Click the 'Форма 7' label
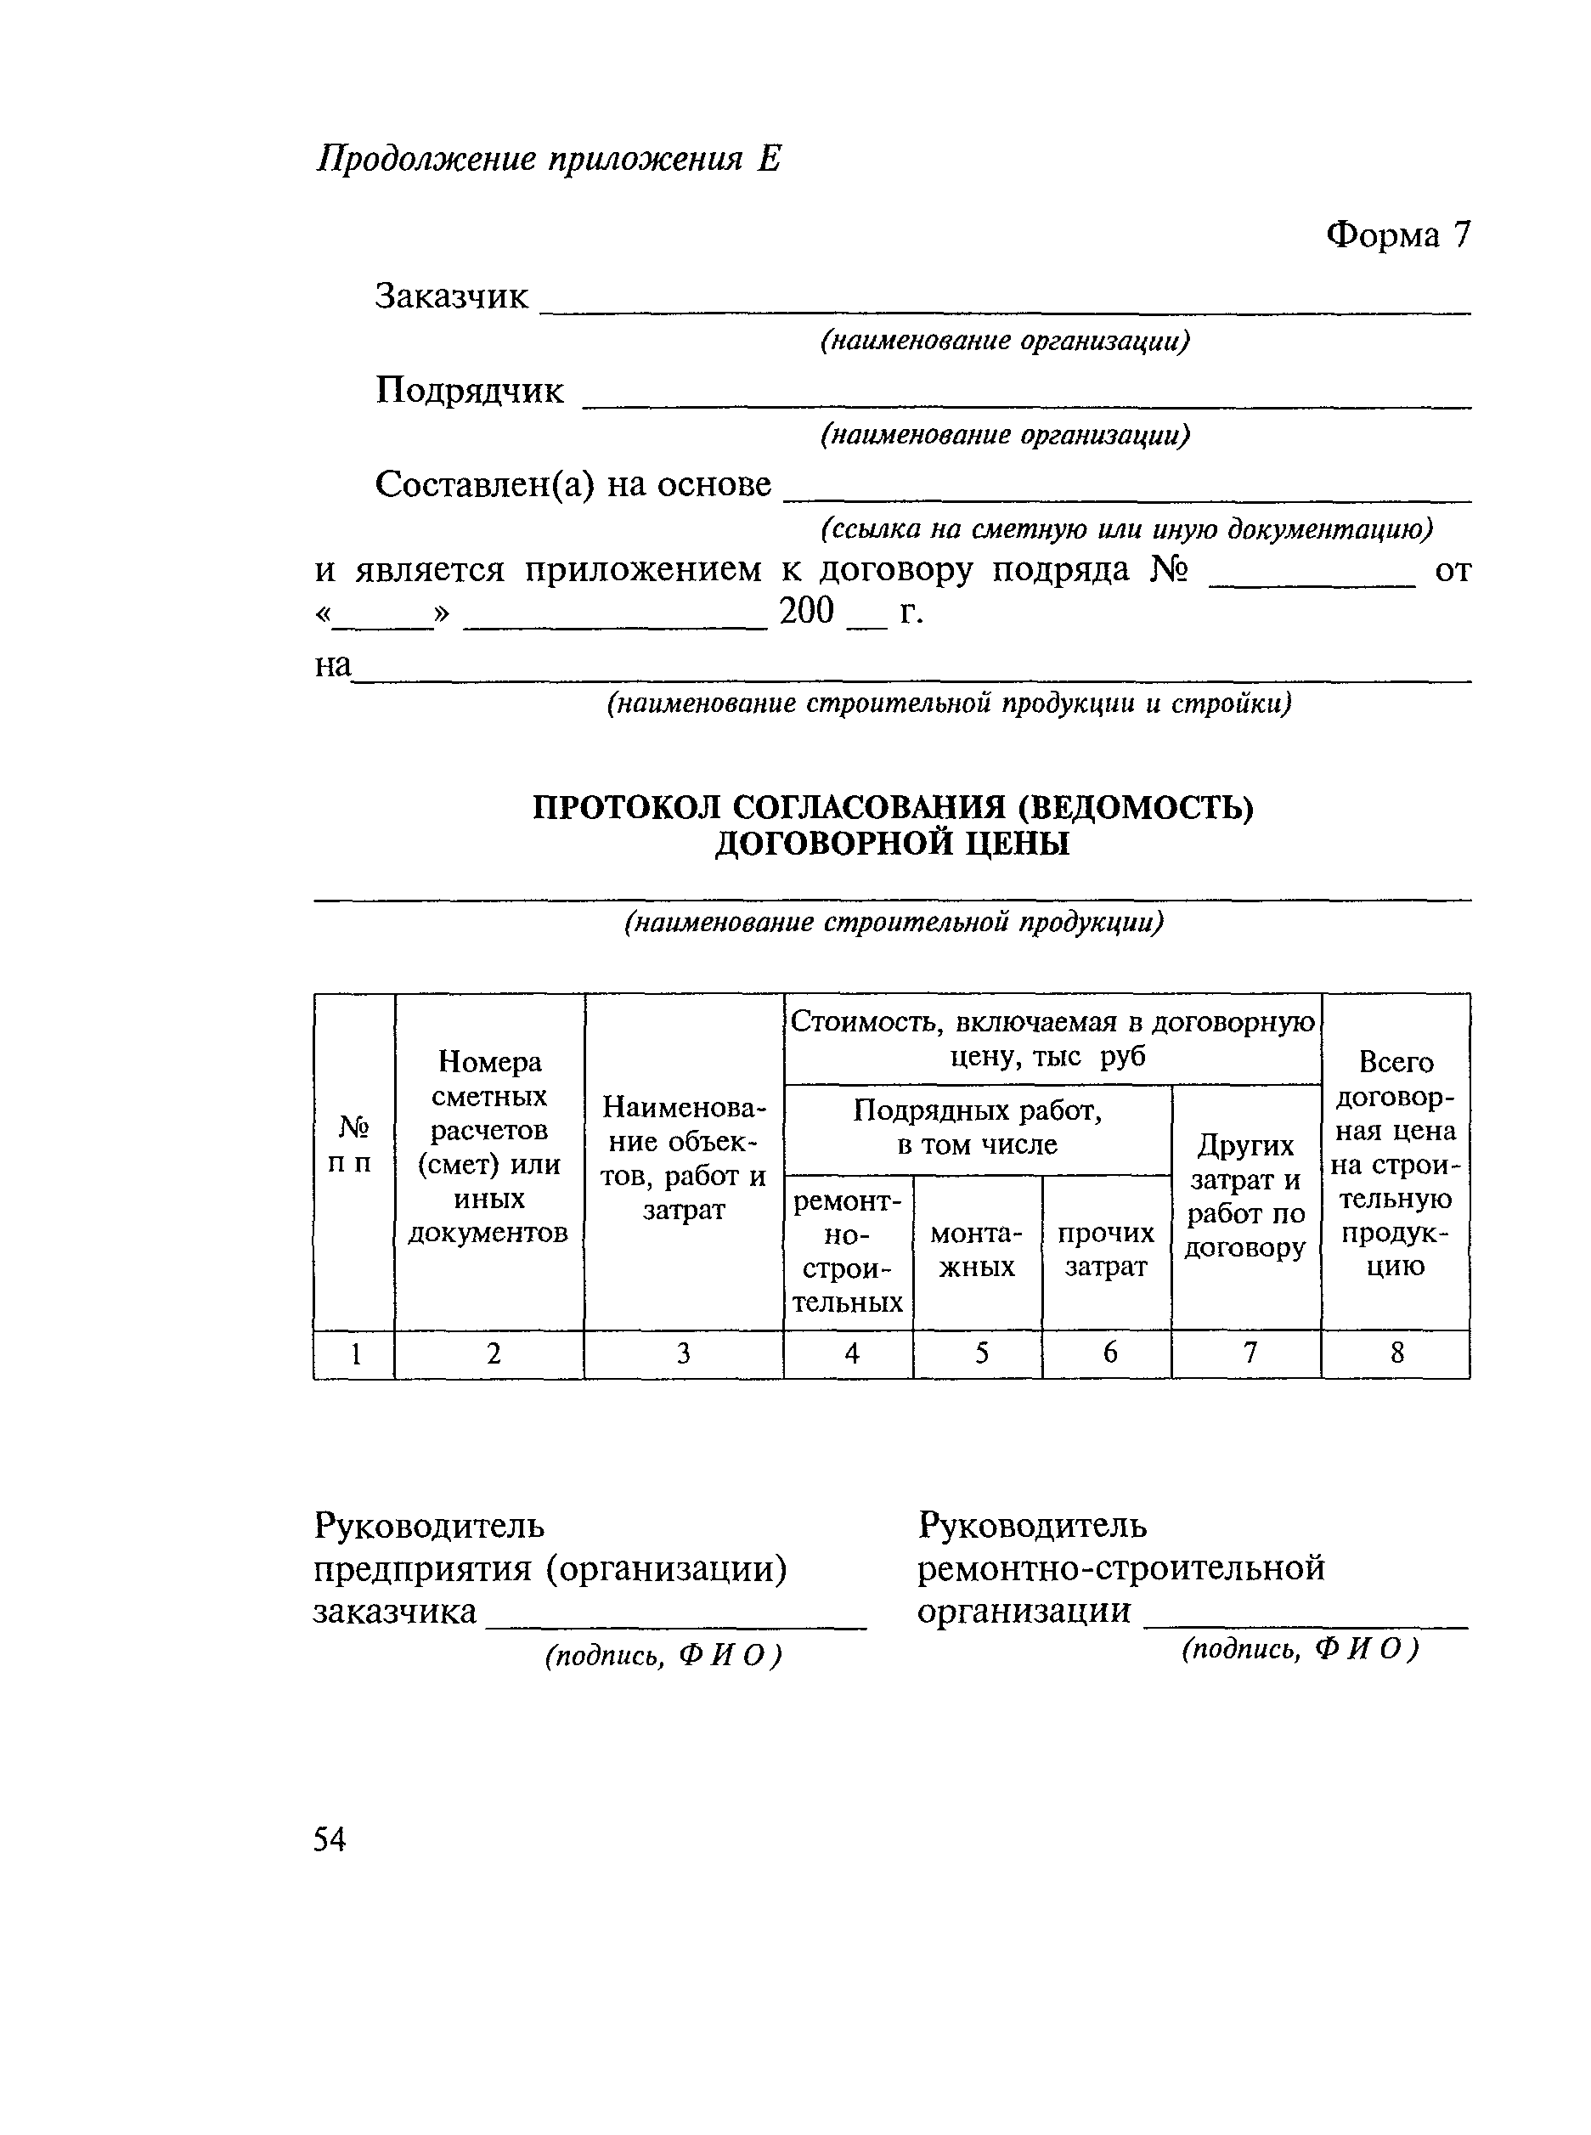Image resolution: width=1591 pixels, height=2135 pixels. [1397, 234]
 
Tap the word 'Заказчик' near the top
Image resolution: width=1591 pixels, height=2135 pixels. [451, 297]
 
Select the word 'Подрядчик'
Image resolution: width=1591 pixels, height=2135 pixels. [469, 391]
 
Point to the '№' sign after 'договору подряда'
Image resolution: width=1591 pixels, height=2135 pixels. [1169, 570]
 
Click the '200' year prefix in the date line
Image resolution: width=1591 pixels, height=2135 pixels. [806, 611]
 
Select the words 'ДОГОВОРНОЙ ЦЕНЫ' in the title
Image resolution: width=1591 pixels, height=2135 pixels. [892, 844]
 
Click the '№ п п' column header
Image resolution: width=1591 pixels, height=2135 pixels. [353, 1144]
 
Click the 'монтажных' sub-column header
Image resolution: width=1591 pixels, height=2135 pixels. [977, 1250]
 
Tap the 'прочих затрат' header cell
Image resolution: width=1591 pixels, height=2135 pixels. [1106, 1250]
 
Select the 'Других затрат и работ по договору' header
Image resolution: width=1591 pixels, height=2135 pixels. [1245, 1197]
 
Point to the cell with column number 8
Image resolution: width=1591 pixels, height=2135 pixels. [1396, 1354]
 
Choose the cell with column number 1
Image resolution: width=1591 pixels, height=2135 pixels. [355, 1355]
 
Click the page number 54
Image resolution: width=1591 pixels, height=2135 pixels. [330, 1839]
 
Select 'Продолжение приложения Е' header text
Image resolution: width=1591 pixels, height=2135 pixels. [548, 159]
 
